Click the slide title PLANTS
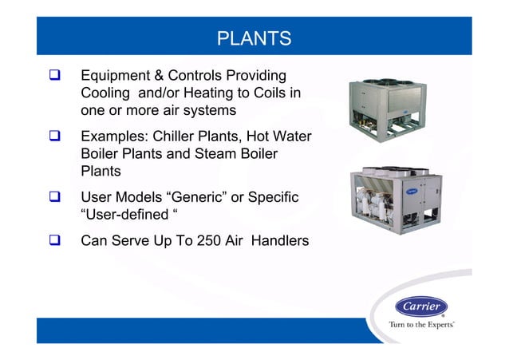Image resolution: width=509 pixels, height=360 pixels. click(254, 38)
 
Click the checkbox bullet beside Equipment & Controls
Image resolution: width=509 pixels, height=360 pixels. click(57, 77)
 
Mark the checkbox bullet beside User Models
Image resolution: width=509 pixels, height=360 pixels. click(57, 197)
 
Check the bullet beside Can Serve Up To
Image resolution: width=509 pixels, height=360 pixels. click(57, 239)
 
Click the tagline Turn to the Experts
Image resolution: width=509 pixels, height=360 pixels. click(421, 325)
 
